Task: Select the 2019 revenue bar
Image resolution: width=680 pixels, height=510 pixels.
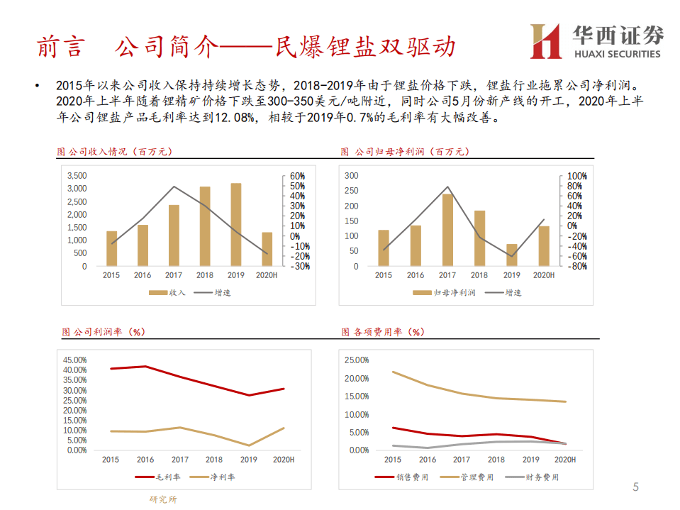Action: (x=236, y=225)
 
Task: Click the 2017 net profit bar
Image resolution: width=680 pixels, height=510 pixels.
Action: (x=447, y=230)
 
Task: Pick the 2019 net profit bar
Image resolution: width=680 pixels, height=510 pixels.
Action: (x=511, y=255)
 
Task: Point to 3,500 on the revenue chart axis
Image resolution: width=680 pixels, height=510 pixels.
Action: (x=77, y=176)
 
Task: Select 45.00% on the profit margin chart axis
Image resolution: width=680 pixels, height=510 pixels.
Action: (x=75, y=360)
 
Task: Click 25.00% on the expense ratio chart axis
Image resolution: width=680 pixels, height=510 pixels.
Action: (x=356, y=360)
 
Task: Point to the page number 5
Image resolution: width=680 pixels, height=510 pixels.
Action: (x=635, y=487)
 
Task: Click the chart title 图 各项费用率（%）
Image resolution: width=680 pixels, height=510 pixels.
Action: (x=383, y=331)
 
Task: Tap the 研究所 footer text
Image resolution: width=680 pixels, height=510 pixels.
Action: (x=163, y=499)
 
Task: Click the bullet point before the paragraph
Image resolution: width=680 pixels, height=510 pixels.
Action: (x=37, y=85)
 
